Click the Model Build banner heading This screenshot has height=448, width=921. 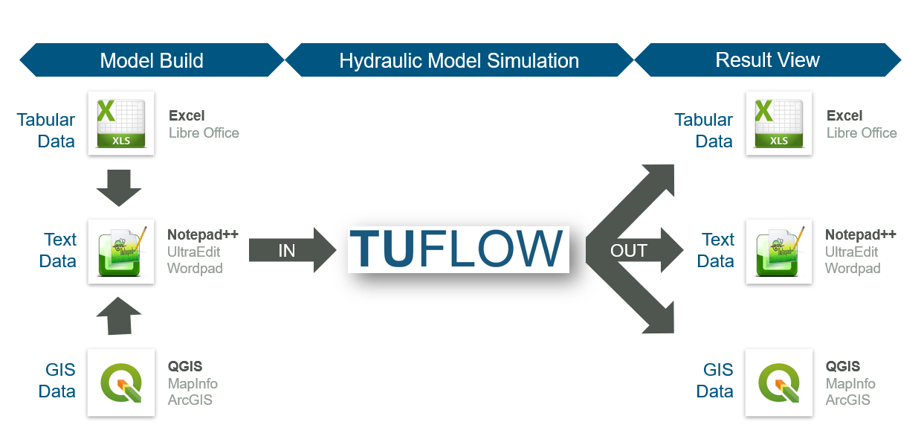pyautogui.click(x=152, y=60)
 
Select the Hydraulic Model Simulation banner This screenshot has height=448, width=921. pyautogui.click(x=459, y=60)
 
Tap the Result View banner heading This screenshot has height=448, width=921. pyautogui.click(x=767, y=60)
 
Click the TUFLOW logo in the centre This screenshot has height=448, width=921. pyautogui.click(x=458, y=249)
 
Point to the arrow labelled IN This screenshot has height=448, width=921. pyautogui.click(x=290, y=251)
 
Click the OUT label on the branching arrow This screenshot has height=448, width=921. pyautogui.click(x=628, y=251)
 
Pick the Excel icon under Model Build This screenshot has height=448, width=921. pyautogui.click(x=121, y=123)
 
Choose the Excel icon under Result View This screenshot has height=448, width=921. pyautogui.click(x=779, y=123)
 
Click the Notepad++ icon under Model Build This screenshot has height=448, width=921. pyautogui.click(x=121, y=252)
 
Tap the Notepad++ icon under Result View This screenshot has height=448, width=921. pyautogui.click(x=779, y=252)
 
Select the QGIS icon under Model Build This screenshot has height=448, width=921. pyautogui.click(x=121, y=382)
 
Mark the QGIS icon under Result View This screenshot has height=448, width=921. pyautogui.click(x=779, y=382)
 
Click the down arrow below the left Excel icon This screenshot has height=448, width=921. pyautogui.click(x=119, y=188)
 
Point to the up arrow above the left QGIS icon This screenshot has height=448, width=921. pyautogui.click(x=119, y=316)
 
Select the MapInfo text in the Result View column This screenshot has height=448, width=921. pyautogui.click(x=850, y=384)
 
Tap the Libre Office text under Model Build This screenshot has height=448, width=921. pyautogui.click(x=204, y=133)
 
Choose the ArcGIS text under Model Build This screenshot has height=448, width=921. pyautogui.click(x=190, y=400)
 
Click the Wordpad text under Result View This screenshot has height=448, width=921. pyautogui.click(x=853, y=269)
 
